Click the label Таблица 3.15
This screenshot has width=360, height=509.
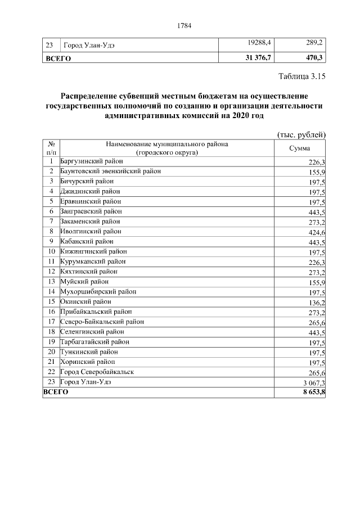[303, 76]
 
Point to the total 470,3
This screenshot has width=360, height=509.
[313, 58]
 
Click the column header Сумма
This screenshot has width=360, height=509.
[300, 148]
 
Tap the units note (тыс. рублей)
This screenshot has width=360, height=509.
[302, 134]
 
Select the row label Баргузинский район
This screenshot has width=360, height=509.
[90, 161]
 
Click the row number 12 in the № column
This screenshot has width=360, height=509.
[51, 272]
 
